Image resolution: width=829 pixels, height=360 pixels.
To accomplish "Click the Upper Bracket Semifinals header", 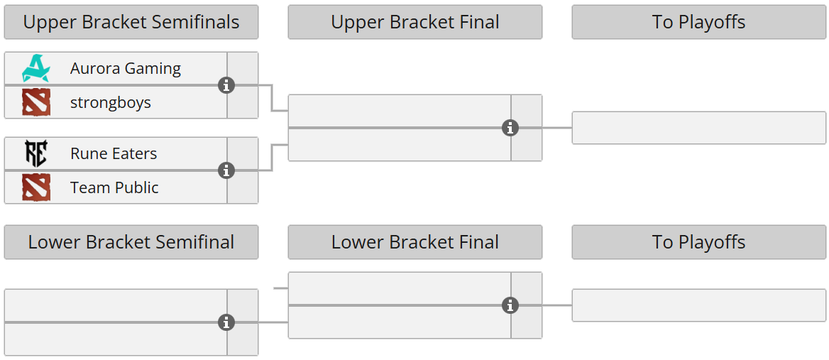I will click(131, 22).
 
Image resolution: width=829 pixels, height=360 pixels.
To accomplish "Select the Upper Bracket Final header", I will click(415, 22).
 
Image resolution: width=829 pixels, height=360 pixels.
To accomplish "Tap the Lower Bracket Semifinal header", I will click(131, 242).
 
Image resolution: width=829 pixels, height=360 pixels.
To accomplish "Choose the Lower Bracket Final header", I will click(415, 242).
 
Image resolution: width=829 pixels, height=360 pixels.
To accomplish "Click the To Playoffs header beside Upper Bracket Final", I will click(699, 22).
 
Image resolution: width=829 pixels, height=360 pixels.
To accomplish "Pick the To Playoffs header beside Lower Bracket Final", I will click(699, 242).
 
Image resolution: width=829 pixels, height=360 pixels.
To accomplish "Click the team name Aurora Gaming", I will click(126, 68).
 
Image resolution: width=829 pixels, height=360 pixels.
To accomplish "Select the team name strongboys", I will click(111, 102).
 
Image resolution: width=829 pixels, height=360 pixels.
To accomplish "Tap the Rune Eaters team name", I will click(114, 153).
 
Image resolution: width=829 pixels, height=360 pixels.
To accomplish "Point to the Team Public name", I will click(114, 187).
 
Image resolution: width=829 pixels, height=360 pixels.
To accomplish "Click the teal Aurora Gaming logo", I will click(35, 68).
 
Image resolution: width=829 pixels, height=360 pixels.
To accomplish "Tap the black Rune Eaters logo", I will click(35, 153).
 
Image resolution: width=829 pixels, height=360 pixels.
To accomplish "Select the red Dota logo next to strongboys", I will click(35, 102).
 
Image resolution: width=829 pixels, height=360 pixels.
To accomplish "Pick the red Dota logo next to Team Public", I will click(35, 187).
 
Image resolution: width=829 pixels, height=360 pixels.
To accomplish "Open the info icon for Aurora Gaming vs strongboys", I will click(226, 85).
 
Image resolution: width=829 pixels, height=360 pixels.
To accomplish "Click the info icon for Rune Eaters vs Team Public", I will click(226, 170).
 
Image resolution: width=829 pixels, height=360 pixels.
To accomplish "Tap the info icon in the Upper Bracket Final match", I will click(510, 128).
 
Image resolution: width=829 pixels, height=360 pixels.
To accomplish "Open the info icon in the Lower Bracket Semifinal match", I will click(226, 322).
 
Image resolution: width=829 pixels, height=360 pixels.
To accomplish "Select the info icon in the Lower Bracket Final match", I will click(510, 305).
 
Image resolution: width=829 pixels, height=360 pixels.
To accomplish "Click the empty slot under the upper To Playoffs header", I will click(699, 128).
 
